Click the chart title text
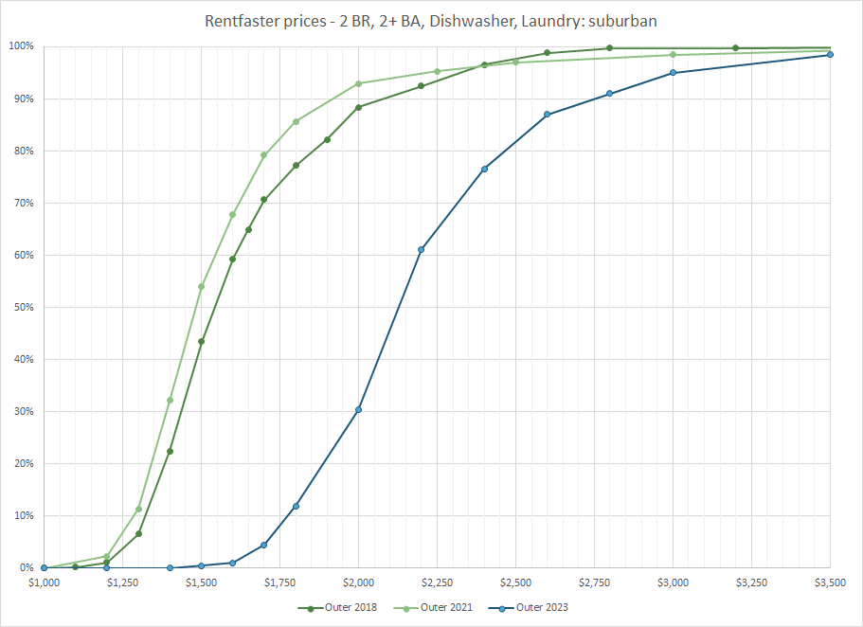pos(431,20)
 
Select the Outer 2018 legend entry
pos(338,607)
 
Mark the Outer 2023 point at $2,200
pos(421,250)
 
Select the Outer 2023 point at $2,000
pos(358,410)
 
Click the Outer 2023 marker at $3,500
pos(830,55)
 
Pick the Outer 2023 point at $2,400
pos(484,169)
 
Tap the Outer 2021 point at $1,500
pos(201,286)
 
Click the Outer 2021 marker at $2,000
pos(358,83)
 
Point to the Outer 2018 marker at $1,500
pos(201,342)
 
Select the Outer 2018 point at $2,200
pos(421,86)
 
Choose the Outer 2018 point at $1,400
pos(170,451)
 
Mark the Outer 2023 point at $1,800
pos(296,506)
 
